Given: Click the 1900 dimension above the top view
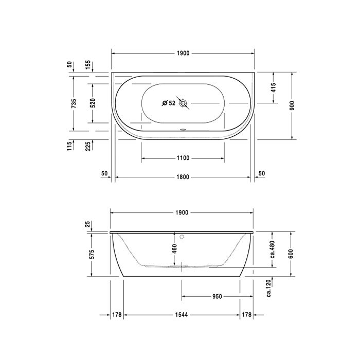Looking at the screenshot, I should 183,53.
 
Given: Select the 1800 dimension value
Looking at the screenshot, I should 183,177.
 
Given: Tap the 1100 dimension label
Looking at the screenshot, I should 183,158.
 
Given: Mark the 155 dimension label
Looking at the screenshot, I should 88,65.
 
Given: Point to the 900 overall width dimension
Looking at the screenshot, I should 292,105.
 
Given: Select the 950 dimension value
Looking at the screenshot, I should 217,296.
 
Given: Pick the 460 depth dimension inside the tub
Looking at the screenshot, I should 175,249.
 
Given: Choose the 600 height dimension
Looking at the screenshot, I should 292,253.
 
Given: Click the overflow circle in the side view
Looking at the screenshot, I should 182,237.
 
